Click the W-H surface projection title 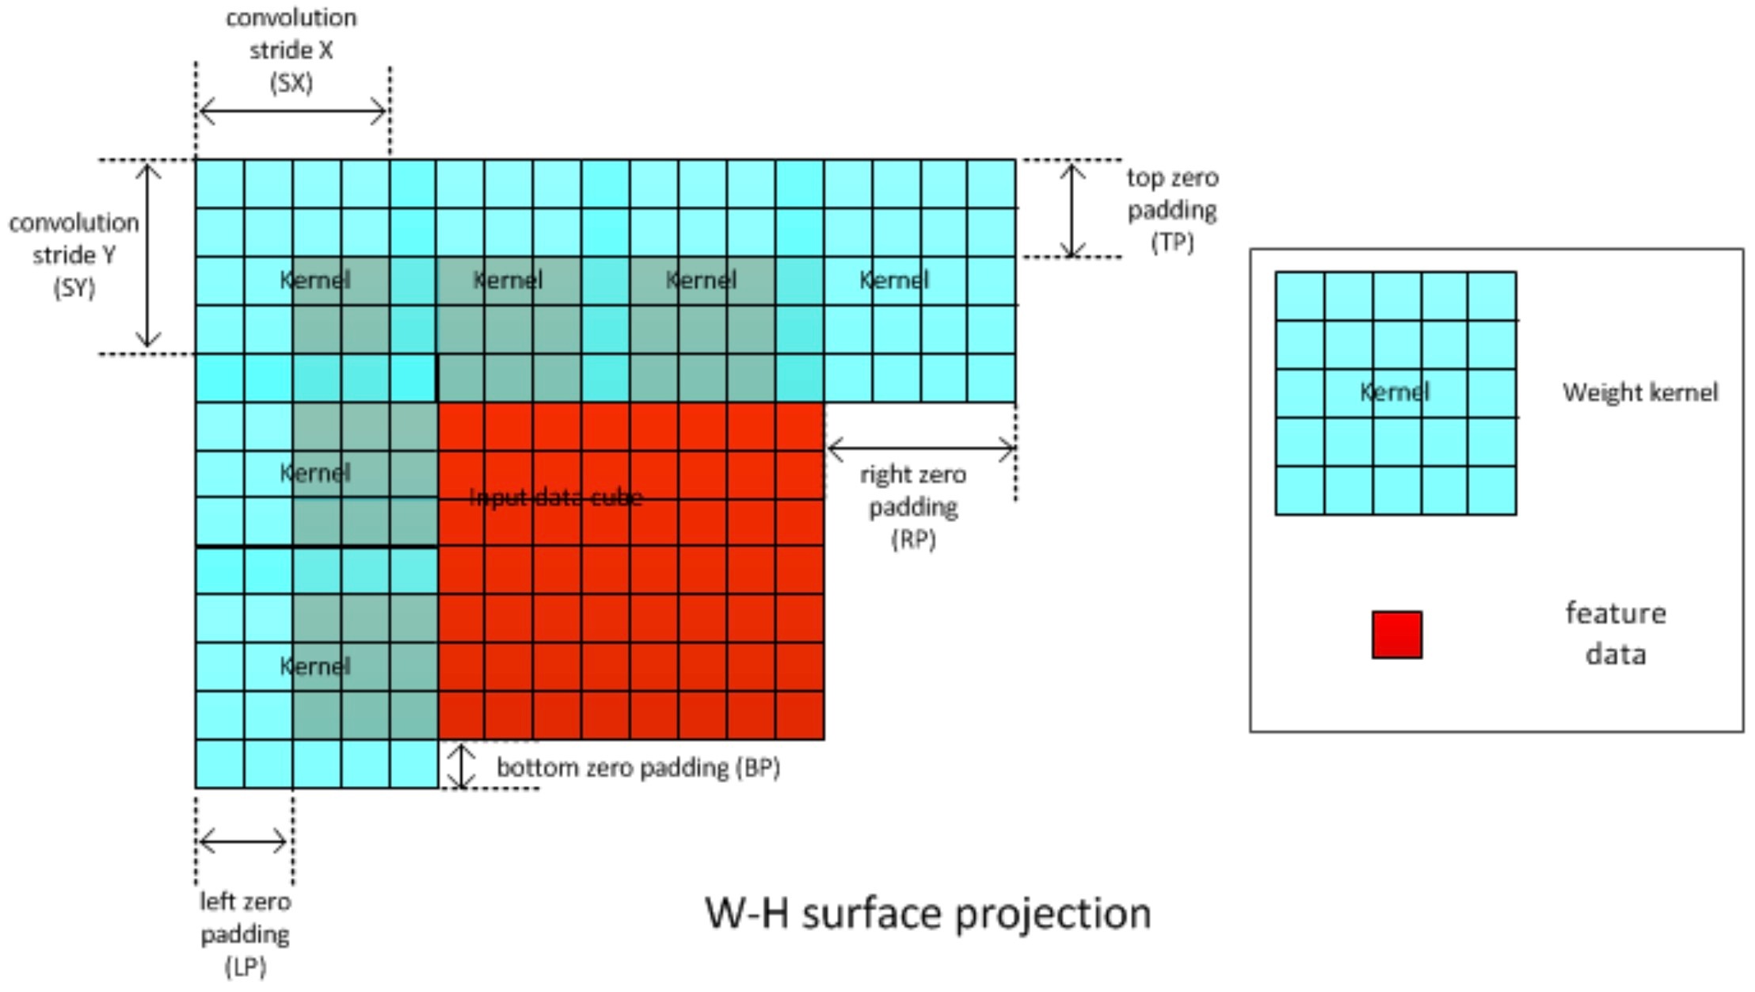pos(927,914)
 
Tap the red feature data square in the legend pos(1396,634)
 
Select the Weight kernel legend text pos(1639,392)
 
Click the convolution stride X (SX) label pos(291,50)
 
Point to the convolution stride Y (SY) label pos(74,255)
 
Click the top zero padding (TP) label pos(1172,210)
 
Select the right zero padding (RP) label pos(913,506)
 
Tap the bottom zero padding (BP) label pos(638,767)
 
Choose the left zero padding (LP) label pos(245,934)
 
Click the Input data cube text pos(556,498)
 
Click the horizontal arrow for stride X pos(292,112)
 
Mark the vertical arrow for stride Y pos(147,255)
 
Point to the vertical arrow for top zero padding pos(1072,209)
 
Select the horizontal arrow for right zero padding pos(920,449)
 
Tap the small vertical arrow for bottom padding pos(462,765)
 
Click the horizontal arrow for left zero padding pos(243,841)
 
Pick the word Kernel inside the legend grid pos(1395,391)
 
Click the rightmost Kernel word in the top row pos(894,280)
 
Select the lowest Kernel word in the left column pos(314,666)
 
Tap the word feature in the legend pos(1616,614)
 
